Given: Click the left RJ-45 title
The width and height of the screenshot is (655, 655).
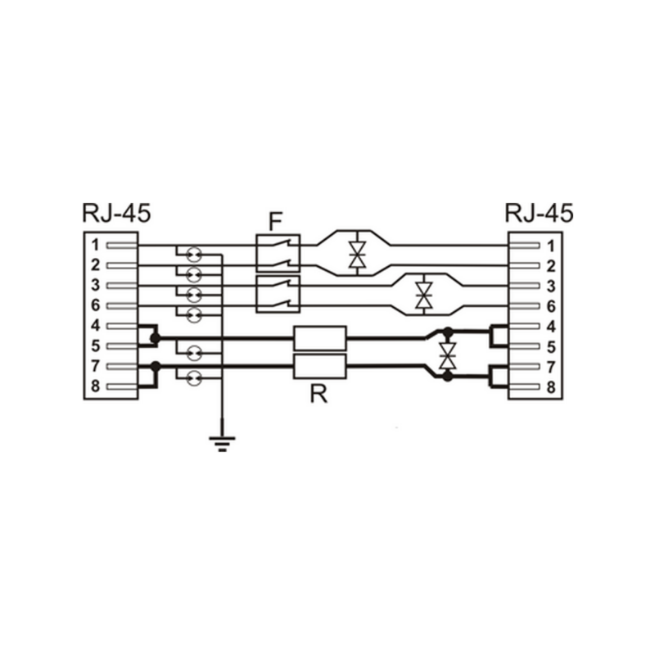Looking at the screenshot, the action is [116, 213].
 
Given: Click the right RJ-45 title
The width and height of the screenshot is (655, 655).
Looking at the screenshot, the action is [539, 213].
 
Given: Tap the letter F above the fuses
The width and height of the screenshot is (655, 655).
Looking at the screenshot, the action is [275, 222].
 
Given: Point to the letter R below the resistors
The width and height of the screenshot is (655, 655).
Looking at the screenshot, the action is [318, 394].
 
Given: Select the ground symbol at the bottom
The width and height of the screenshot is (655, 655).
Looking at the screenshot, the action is [222, 444].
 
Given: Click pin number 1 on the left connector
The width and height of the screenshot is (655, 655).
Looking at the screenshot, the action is [96, 245].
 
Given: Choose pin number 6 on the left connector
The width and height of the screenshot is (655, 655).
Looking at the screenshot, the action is [96, 305].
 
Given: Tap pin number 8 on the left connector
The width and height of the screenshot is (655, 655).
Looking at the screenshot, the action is [96, 386].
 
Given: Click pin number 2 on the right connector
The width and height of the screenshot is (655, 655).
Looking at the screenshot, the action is [551, 266].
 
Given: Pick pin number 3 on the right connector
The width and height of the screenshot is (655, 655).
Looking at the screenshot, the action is [551, 286].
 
